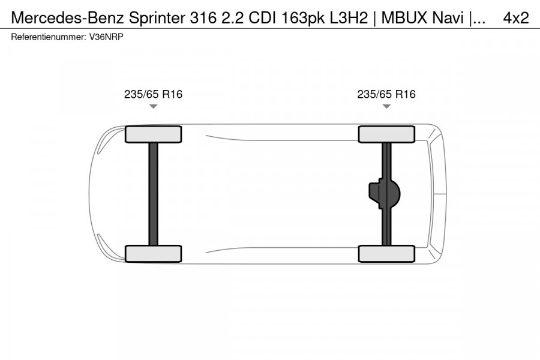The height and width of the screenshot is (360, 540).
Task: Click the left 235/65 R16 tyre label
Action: (153, 94)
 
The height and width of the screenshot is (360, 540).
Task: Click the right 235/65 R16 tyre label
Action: (386, 94)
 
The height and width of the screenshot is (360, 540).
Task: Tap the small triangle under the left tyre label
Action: (153, 107)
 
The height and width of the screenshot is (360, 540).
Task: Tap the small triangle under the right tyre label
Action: (386, 107)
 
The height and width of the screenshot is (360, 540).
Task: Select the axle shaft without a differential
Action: (153, 193)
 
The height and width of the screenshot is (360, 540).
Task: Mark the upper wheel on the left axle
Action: (153, 134)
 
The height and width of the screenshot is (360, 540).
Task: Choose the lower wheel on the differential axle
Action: (386, 253)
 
